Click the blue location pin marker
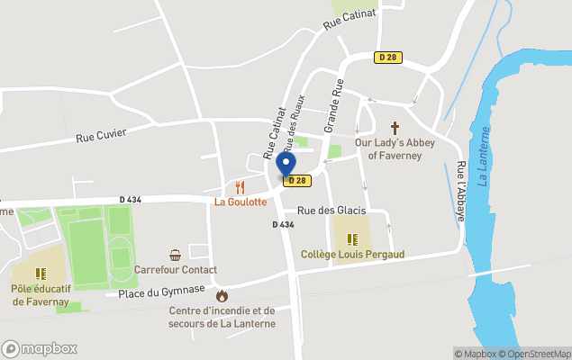point(286,165)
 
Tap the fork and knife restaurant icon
point(240,187)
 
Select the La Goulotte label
point(240,202)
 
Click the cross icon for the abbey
point(395,128)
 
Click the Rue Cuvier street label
point(101,135)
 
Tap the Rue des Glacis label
point(331,211)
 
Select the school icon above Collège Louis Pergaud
point(352,239)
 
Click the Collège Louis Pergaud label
point(352,255)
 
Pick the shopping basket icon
point(175,255)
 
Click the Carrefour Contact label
point(176,270)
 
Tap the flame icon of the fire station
point(222,294)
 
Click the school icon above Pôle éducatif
point(41,273)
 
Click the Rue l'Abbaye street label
point(461,191)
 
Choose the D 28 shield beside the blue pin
point(297,181)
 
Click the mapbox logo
point(40,348)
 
